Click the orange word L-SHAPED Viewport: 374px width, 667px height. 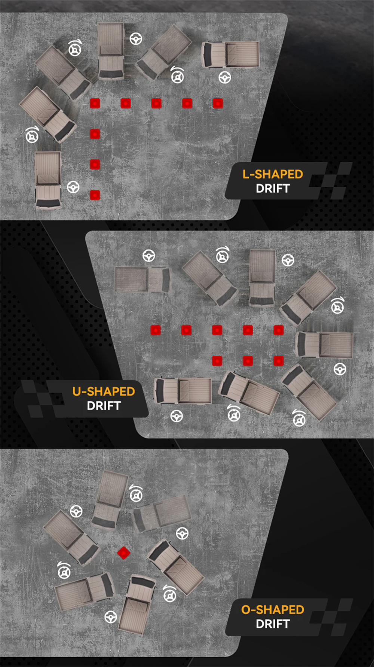click(x=273, y=174)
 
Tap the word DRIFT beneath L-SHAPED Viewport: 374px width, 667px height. click(x=273, y=189)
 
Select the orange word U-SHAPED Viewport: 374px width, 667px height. click(x=104, y=392)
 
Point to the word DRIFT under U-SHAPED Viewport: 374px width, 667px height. click(x=104, y=406)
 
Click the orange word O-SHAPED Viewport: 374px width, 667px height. click(x=273, y=610)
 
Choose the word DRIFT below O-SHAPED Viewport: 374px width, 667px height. click(x=273, y=624)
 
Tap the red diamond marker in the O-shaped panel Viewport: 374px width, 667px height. click(x=123, y=553)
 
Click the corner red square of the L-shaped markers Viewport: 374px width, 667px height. click(x=95, y=103)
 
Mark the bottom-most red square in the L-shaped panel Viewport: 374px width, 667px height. click(x=95, y=195)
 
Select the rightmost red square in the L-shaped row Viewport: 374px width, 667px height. click(x=218, y=103)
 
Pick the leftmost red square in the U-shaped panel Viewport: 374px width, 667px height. click(x=156, y=330)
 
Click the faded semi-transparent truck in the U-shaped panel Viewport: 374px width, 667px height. click(x=142, y=280)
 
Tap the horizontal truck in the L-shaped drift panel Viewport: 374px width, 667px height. click(x=230, y=55)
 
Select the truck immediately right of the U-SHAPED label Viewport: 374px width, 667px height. click(x=183, y=391)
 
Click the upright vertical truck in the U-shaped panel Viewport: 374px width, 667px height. click(x=262, y=278)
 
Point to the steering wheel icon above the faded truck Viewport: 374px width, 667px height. click(x=149, y=256)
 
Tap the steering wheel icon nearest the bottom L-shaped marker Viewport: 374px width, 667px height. click(x=73, y=187)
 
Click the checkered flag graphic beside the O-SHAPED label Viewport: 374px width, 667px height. click(x=331, y=617)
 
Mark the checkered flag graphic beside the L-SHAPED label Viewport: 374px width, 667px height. click(x=331, y=181)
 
